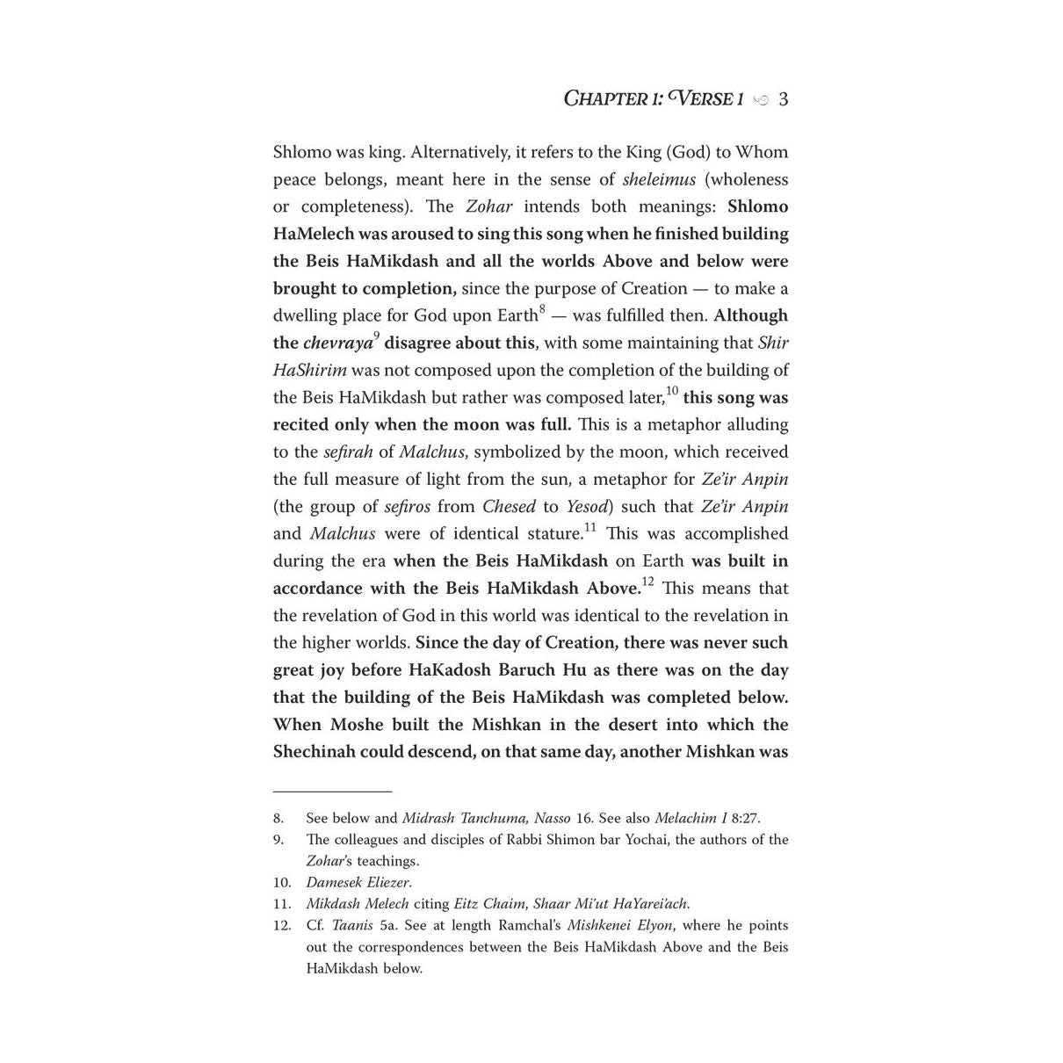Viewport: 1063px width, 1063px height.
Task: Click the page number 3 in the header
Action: (x=783, y=98)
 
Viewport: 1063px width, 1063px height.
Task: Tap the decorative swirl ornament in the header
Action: (x=761, y=100)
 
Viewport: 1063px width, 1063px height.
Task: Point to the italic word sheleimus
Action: (x=659, y=179)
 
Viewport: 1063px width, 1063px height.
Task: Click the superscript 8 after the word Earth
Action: (x=542, y=309)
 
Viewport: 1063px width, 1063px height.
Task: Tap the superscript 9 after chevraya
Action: (x=376, y=336)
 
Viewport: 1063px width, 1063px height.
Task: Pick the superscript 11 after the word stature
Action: (x=589, y=527)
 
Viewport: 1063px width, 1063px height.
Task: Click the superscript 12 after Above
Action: (x=647, y=582)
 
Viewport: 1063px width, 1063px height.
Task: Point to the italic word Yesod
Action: (x=589, y=506)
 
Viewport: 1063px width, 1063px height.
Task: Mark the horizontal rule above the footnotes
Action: (x=332, y=792)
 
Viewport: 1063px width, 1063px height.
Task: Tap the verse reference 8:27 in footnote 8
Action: (x=744, y=818)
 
